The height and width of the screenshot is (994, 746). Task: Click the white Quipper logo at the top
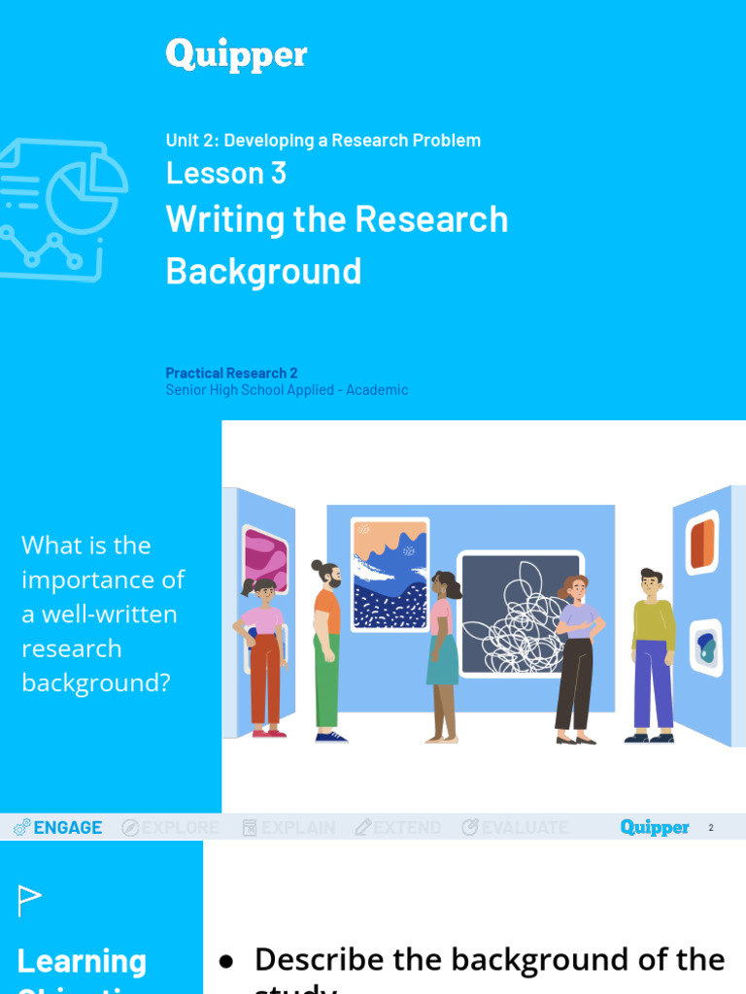tap(236, 54)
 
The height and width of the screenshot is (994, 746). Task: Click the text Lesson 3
tap(225, 173)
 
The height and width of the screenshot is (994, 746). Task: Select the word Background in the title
tap(263, 271)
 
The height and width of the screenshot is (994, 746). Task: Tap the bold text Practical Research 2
tap(231, 373)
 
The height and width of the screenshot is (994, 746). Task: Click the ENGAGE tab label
tap(67, 828)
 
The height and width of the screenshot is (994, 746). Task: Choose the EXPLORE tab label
tap(180, 828)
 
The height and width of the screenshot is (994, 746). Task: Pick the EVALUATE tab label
tap(525, 828)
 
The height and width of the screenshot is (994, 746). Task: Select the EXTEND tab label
tap(407, 828)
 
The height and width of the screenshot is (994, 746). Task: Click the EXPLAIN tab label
tap(297, 828)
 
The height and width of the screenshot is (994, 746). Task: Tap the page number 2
tap(711, 828)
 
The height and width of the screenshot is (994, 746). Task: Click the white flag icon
tap(30, 901)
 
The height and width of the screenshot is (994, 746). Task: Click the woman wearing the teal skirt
tap(442, 655)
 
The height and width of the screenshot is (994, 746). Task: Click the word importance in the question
tap(103, 580)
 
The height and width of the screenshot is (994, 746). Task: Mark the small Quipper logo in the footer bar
tap(654, 828)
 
